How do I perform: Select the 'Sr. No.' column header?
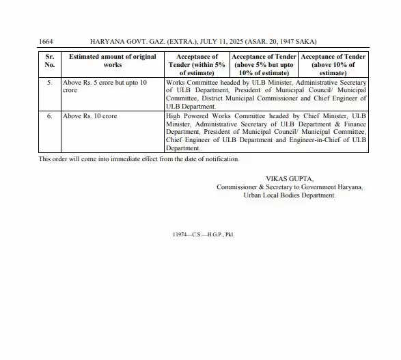[x=49, y=61]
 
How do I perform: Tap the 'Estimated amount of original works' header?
[x=113, y=61]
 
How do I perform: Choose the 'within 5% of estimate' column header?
[x=197, y=64]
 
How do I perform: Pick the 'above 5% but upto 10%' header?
[x=264, y=64]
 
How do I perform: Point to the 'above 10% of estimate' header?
[x=333, y=64]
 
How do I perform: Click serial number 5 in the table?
[x=49, y=82]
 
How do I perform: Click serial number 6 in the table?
[x=49, y=116]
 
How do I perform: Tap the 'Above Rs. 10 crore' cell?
[x=89, y=116]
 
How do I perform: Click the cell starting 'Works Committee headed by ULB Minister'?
[x=266, y=94]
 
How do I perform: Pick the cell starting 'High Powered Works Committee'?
[x=266, y=132]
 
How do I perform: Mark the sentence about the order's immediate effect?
[x=139, y=159]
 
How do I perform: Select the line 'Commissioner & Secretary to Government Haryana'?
[x=290, y=186]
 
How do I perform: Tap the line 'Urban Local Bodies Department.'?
[x=290, y=195]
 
